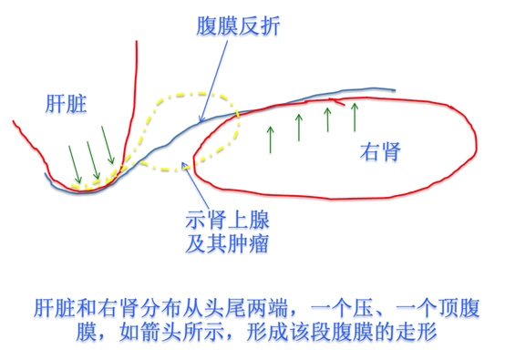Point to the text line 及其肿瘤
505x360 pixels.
coord(227,242)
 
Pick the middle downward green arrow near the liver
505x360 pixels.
coord(93,157)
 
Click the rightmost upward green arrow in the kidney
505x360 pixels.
coord(355,117)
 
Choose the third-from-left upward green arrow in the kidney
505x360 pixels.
coord(327,120)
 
